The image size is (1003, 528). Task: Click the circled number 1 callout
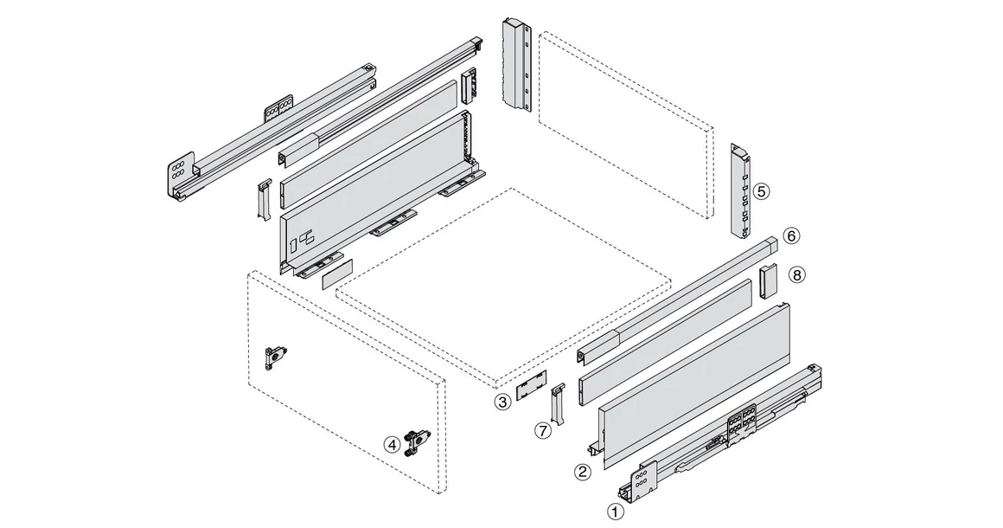pyautogui.click(x=616, y=512)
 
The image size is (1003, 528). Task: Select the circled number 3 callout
pyautogui.click(x=502, y=402)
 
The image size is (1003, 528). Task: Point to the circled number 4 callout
pyautogui.click(x=393, y=444)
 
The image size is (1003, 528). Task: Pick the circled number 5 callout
pyautogui.click(x=760, y=191)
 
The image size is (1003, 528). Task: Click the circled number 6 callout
pyautogui.click(x=791, y=235)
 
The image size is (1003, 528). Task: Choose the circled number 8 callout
pyautogui.click(x=796, y=274)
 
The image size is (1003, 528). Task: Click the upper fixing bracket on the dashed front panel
pyautogui.click(x=277, y=356)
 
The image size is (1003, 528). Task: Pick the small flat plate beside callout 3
pyautogui.click(x=532, y=387)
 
